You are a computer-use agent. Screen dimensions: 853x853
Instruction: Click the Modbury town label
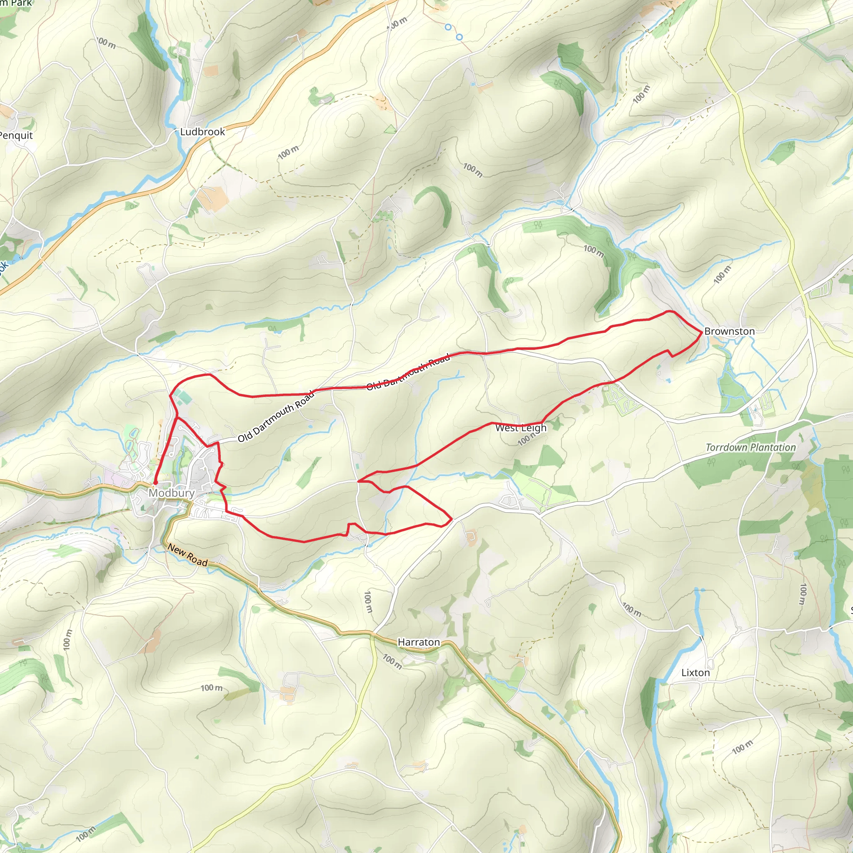pos(171,493)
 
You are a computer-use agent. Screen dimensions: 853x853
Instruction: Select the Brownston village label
pos(729,331)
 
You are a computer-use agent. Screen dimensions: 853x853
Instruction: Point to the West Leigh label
pos(521,428)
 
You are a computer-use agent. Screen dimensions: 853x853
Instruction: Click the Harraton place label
pos(419,642)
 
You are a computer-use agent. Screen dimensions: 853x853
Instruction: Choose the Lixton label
pos(696,672)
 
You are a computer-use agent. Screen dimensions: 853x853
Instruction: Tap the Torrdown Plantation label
pos(751,447)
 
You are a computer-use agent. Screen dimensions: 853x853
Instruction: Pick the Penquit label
pos(16,135)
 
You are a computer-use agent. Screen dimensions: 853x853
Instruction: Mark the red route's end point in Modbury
pos(155,483)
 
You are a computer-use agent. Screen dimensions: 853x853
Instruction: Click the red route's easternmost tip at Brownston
pos(702,331)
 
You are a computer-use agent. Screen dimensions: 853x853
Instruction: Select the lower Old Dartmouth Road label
pos(276,417)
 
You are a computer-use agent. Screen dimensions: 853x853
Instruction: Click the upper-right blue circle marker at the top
pos(459,37)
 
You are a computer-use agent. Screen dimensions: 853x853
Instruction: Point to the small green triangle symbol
pos(390,130)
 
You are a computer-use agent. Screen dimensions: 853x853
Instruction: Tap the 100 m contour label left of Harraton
pos(368,602)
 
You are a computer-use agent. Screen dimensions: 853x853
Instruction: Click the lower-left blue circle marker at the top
pos(448,27)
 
